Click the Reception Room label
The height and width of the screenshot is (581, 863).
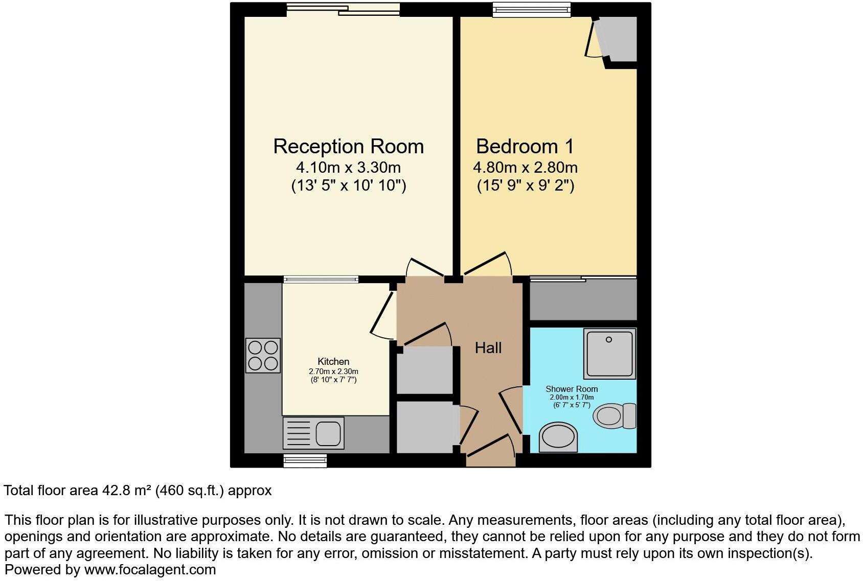coord(348,147)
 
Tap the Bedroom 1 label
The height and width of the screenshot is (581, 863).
coord(525,147)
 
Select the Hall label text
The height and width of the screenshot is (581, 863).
coord(488,348)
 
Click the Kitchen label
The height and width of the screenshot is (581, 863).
coord(333,361)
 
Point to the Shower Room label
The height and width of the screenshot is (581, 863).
coord(572,389)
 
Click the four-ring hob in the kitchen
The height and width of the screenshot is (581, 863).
coord(263,356)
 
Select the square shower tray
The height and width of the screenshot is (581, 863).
coord(609,354)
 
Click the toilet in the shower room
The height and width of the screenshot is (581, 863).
coord(614,415)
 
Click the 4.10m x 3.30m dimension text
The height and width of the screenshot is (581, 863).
coord(348,167)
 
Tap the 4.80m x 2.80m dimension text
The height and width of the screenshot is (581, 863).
coord(525,167)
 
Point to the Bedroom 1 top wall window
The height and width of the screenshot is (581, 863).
coord(531,9)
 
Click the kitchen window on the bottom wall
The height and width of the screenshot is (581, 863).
coord(305,461)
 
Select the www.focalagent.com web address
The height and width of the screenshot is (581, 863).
coord(150,570)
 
